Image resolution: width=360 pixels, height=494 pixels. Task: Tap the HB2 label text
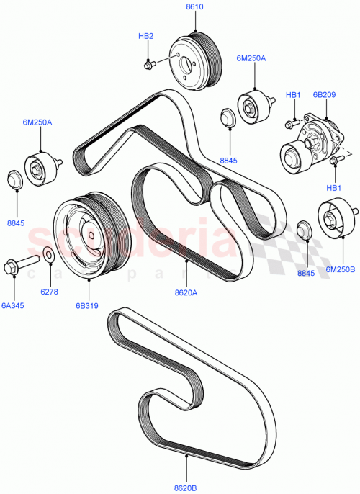pyautogui.click(x=145, y=35)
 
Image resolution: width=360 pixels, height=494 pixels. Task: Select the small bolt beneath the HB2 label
pyautogui.click(x=149, y=65)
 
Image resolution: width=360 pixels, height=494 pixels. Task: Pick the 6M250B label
pyautogui.click(x=341, y=269)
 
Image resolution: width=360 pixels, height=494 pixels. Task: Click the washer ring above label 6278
pyautogui.click(x=48, y=254)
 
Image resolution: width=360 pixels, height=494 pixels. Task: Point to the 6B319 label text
pyautogui.click(x=88, y=305)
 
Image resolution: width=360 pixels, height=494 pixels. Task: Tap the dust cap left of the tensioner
pyautogui.click(x=227, y=115)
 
